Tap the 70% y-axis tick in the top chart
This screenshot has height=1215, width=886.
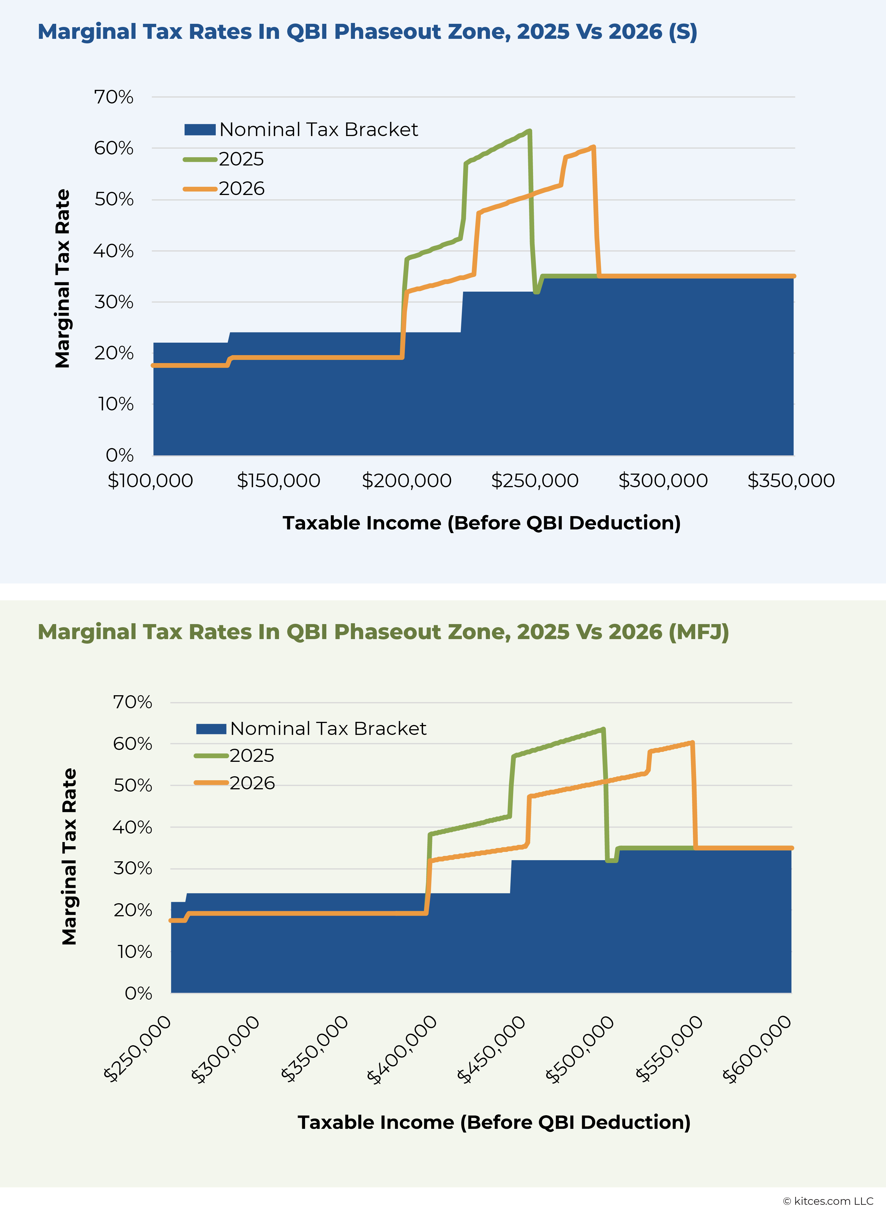pos(114,97)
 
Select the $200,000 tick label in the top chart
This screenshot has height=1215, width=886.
pos(407,480)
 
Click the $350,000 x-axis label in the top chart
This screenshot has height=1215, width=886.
pos(791,480)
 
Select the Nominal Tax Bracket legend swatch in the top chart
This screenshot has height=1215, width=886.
pos(200,130)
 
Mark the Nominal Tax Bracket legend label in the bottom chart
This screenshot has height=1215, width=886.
pos(328,729)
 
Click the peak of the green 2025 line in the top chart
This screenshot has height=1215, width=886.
pos(529,131)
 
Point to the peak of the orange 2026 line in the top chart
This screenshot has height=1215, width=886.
pos(593,147)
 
